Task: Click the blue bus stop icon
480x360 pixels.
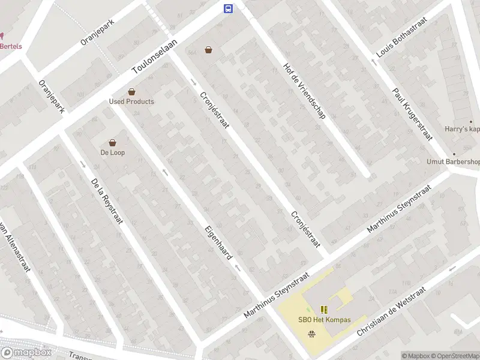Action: pyautogui.click(x=229, y=8)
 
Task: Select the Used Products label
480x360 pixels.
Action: pyautogui.click(x=131, y=101)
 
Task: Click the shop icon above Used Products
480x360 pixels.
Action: pyautogui.click(x=131, y=92)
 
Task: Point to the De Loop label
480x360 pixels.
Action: pyautogui.click(x=112, y=152)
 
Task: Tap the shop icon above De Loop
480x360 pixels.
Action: pyautogui.click(x=112, y=143)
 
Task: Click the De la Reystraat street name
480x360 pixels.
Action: pyautogui.click(x=107, y=200)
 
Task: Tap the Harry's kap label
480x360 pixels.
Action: pyautogui.click(x=462, y=128)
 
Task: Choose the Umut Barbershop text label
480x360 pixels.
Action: pyautogui.click(x=453, y=161)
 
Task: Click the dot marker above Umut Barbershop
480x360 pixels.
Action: pyautogui.click(x=454, y=154)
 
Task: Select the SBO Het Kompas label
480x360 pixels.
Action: pyautogui.click(x=324, y=320)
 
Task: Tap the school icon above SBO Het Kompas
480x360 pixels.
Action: pyautogui.click(x=324, y=310)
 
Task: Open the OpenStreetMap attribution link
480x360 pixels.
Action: pyautogui.click(x=455, y=356)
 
